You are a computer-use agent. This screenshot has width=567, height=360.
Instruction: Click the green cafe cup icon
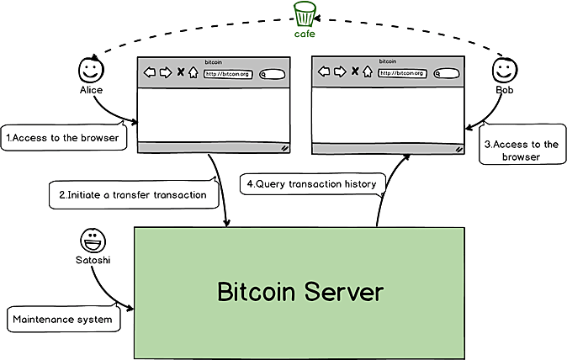305,14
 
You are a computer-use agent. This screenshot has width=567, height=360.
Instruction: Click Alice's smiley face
90,68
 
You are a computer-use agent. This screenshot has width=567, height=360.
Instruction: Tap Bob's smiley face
503,69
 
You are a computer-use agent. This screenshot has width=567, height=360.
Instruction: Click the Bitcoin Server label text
299,293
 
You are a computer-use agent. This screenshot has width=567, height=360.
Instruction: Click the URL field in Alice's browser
227,73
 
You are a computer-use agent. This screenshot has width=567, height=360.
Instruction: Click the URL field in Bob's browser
401,73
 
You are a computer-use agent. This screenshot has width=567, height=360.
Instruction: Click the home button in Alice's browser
193,73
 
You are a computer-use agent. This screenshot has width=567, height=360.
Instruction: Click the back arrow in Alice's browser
150,73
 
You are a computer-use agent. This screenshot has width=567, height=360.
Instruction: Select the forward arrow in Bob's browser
339,73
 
